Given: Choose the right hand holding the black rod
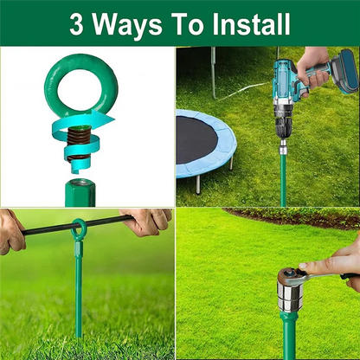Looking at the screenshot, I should tap(147, 222).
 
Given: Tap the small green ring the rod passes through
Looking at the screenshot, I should tap(80, 230).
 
